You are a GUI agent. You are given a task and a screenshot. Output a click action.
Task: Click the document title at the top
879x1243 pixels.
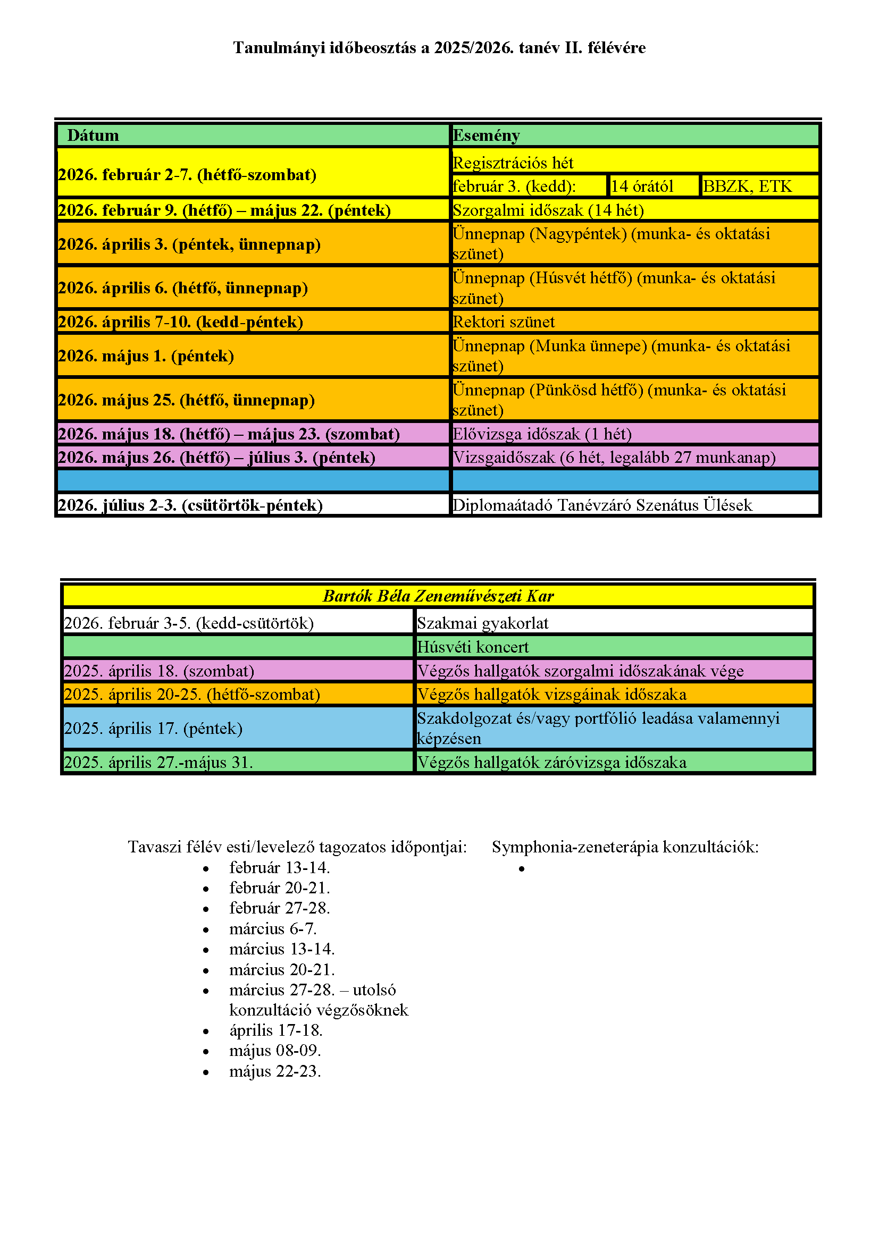439,48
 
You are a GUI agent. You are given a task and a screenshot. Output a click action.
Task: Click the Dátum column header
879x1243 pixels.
93,135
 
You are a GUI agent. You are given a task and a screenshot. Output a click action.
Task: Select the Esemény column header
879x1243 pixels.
486,135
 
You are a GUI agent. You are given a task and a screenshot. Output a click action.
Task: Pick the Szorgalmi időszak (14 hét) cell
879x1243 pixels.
548,210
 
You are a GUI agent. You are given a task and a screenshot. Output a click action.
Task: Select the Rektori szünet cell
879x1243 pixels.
504,322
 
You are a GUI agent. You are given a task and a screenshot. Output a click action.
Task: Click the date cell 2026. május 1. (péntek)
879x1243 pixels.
146,356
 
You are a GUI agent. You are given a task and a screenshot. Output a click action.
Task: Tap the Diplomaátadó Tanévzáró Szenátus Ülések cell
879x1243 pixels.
602,505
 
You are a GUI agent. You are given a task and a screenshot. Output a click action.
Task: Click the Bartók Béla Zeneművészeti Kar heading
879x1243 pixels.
438,596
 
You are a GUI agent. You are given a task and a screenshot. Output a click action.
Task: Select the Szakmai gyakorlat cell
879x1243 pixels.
482,623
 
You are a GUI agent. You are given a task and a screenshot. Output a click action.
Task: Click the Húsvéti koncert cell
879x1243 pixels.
473,647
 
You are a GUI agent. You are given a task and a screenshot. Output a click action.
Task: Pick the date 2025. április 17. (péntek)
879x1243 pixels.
153,728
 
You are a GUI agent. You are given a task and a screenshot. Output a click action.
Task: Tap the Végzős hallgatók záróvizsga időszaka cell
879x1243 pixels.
551,762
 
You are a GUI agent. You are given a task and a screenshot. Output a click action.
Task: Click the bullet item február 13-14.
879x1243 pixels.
280,867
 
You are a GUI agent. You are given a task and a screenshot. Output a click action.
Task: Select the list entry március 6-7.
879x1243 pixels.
273,928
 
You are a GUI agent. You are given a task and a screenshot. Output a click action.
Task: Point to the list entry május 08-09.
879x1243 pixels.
275,1050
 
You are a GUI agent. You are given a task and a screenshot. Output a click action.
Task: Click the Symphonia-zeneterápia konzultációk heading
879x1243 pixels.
625,847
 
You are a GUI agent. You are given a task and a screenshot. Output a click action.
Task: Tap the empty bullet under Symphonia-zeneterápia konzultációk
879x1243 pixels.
522,868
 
